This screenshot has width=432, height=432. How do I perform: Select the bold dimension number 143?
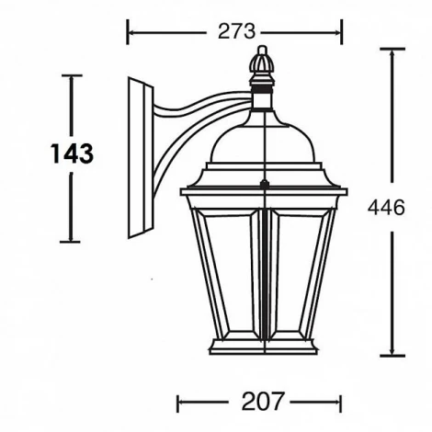(71, 153)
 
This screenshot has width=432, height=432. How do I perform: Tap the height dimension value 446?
(387, 208)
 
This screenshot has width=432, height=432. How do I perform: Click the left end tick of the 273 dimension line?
(128, 33)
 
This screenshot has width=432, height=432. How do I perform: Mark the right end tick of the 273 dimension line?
(341, 33)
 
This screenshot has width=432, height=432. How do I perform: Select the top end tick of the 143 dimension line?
(71, 75)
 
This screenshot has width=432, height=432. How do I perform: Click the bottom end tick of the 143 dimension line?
(71, 242)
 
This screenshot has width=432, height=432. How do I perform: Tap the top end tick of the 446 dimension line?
(392, 49)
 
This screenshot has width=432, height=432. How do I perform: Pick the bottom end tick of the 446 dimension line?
(392, 356)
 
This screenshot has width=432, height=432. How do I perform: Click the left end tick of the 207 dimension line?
(177, 402)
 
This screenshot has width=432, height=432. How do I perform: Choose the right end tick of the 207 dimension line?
(341, 402)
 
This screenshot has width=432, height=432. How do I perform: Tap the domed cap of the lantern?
(264, 138)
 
